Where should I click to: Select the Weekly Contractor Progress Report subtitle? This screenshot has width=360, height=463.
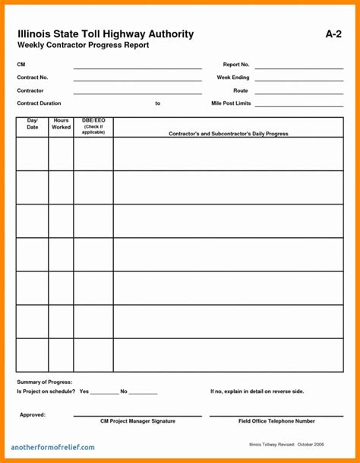(x=83, y=46)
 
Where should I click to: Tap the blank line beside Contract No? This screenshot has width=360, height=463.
(x=137, y=79)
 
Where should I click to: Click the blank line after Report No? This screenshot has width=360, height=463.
(x=298, y=67)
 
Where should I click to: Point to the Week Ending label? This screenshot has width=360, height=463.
(x=233, y=78)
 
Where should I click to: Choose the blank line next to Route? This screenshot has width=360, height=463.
(x=298, y=92)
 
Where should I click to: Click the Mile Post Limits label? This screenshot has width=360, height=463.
(x=231, y=103)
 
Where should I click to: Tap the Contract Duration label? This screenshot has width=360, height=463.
(x=39, y=103)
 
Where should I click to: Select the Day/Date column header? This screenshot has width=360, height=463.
(x=33, y=124)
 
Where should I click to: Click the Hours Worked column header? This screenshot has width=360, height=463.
(x=61, y=124)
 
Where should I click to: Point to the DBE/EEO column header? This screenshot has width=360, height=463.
(x=93, y=125)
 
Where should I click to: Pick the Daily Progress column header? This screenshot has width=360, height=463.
(x=228, y=133)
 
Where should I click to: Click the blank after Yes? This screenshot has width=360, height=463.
(x=104, y=392)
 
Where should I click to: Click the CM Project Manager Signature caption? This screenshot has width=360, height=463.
(x=137, y=420)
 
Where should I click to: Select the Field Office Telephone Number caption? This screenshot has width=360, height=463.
(x=276, y=420)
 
